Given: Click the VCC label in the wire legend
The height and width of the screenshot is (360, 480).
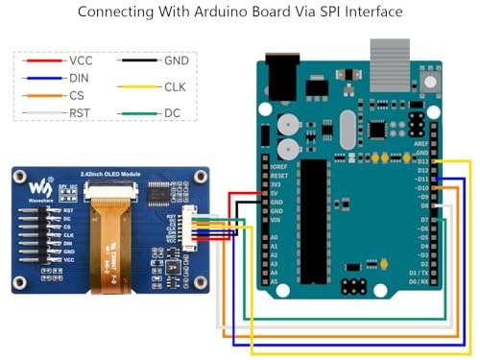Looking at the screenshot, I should point(82,60).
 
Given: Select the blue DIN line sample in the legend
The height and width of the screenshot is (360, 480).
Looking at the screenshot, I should point(44,77).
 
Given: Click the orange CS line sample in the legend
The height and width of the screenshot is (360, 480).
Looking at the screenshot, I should point(44,94).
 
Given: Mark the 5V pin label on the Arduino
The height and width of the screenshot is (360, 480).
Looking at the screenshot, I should point(275,194).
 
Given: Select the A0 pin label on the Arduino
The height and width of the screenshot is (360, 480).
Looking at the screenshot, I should point(275,236).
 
